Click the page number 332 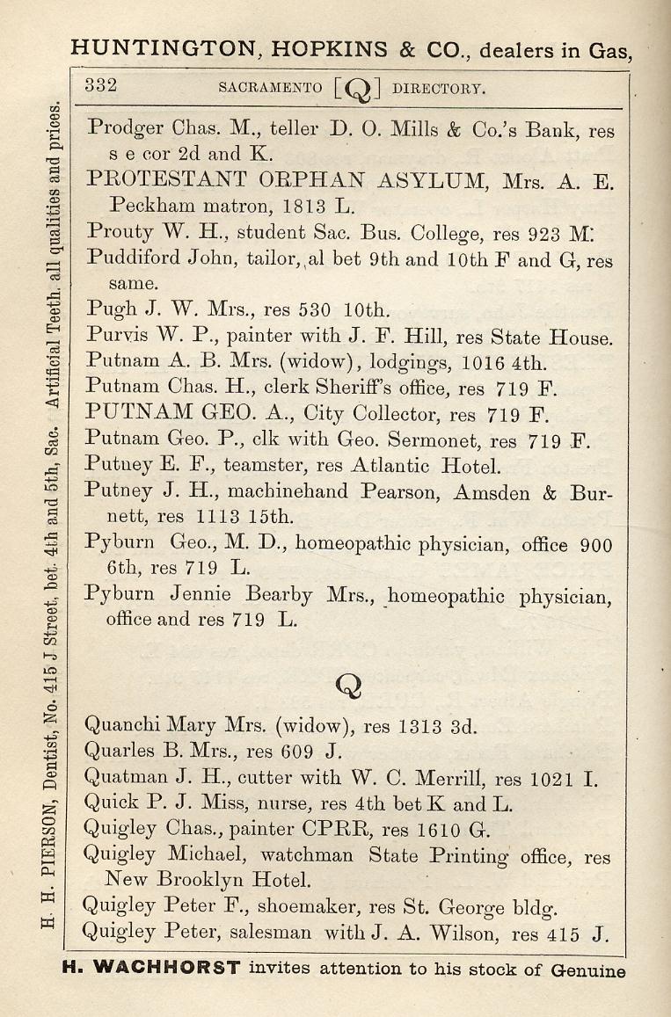tap(101, 86)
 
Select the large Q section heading tap(348, 684)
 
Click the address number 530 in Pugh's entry tap(311, 310)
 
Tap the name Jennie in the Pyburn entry tap(201, 596)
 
